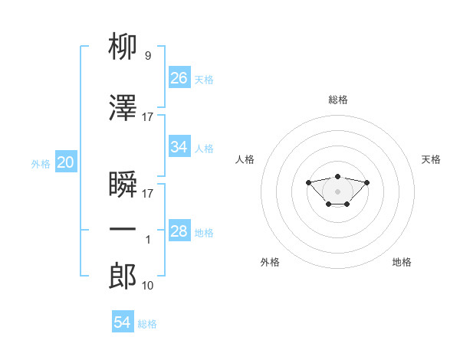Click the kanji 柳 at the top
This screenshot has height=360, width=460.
[x=123, y=47]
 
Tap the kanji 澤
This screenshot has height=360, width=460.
[x=123, y=110]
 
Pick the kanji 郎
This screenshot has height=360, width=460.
[x=123, y=277]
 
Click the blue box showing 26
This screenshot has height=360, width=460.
[x=179, y=78]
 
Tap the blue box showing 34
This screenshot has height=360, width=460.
[x=179, y=147]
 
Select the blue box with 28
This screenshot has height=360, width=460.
[x=179, y=231]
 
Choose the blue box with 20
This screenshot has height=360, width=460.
[x=66, y=162]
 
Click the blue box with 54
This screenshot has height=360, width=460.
[x=123, y=322]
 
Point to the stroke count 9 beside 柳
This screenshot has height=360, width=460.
[x=147, y=55]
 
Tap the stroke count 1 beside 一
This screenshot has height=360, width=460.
[x=148, y=240]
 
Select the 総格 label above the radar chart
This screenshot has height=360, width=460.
[x=338, y=100]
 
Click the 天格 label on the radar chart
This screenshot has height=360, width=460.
[x=431, y=159]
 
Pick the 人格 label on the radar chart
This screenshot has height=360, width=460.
[x=245, y=159]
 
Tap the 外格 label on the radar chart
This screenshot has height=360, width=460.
[x=270, y=263]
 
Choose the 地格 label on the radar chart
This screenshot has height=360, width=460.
[x=402, y=263]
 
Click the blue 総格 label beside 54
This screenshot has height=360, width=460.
[x=147, y=324]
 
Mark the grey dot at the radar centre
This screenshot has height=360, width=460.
[x=337, y=191]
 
